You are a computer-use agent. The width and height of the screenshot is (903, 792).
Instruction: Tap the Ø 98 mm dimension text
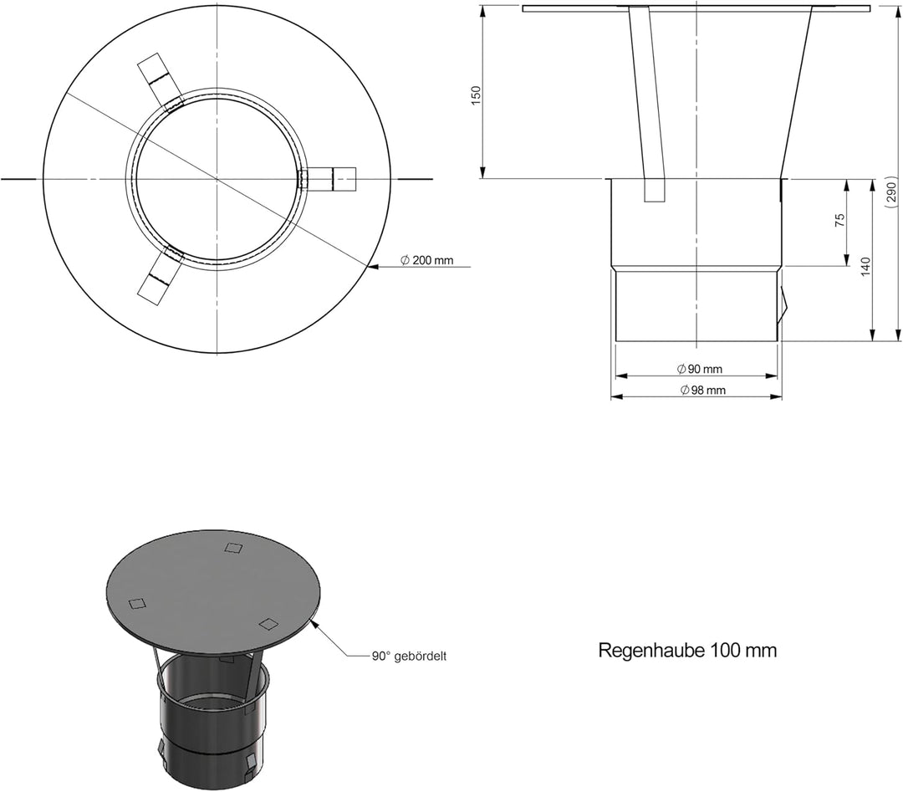click(702, 391)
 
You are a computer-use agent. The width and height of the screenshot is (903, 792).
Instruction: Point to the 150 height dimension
click(477, 94)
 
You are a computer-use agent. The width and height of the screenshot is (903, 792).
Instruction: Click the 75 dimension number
click(840, 220)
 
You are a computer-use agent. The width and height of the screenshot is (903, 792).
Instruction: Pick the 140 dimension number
click(865, 266)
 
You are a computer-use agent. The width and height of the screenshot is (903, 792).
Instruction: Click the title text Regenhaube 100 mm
click(687, 651)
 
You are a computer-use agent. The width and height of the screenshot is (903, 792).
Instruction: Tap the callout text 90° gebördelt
click(409, 657)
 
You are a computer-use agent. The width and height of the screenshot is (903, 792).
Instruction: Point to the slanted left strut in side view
click(646, 100)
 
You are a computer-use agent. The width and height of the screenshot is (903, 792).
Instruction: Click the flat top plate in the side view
click(696, 8)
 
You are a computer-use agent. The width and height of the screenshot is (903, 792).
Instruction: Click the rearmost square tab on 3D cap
click(234, 549)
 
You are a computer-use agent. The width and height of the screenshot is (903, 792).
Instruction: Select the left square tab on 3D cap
click(136, 604)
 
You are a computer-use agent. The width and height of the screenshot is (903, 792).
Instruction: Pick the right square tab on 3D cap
click(268, 623)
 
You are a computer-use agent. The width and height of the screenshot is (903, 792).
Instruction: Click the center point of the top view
click(217, 179)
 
